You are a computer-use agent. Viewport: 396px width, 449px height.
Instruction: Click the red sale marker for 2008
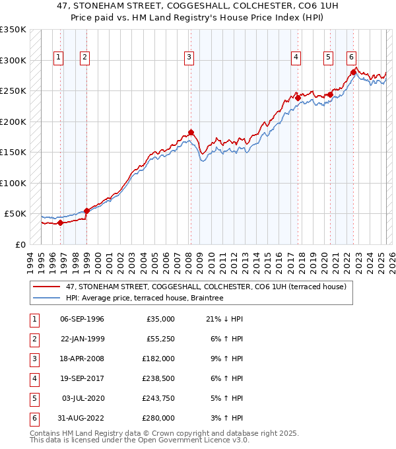pyautogui.click(x=191, y=132)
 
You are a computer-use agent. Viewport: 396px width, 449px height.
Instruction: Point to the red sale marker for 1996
pyautogui.click(x=60, y=223)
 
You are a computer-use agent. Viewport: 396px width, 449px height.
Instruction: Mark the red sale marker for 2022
pyautogui.click(x=353, y=72)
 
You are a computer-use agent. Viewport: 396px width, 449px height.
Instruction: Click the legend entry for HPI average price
pyautogui.click(x=145, y=298)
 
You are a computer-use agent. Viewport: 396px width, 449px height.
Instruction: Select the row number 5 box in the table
pyautogui.click(x=33, y=399)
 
